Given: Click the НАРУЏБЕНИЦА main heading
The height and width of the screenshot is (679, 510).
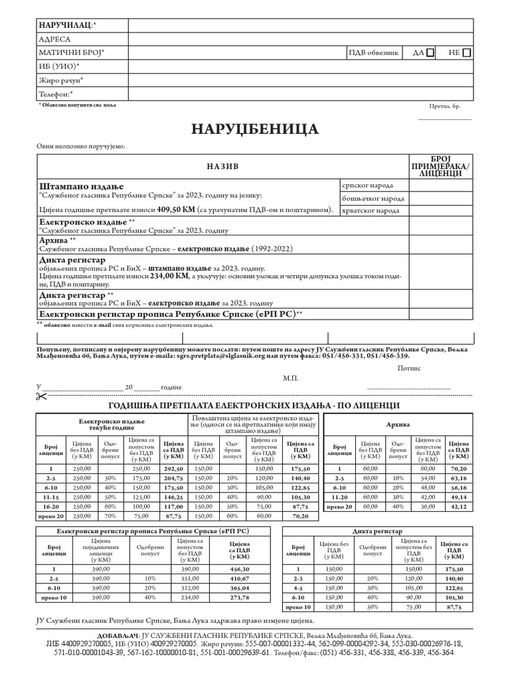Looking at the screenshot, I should tap(255, 128).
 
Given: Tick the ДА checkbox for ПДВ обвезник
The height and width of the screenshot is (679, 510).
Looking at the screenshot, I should tap(431, 52).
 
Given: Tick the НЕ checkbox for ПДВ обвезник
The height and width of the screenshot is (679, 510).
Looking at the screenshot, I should tap(467, 52).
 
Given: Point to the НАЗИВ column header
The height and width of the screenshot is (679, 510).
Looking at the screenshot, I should tap(222, 166).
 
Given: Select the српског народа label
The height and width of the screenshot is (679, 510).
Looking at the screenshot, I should tap(367, 186).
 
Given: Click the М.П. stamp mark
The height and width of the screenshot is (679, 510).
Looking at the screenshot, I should tap(291, 377).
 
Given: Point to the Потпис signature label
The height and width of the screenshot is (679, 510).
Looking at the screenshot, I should tap(409, 367).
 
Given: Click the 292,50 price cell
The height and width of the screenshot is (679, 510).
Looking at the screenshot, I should tap(173, 468).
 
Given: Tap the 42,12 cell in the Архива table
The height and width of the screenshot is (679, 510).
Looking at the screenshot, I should tap(459, 506).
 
